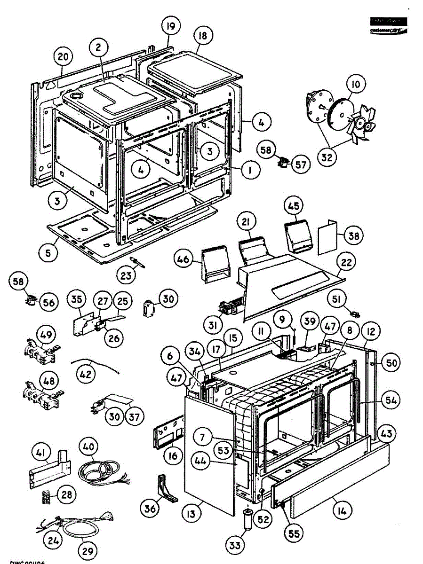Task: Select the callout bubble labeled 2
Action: pos(98,47)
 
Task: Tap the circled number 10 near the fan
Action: pos(356,85)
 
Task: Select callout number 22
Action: pos(346,263)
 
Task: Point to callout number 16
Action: pos(173,456)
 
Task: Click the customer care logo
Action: pos(388,26)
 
